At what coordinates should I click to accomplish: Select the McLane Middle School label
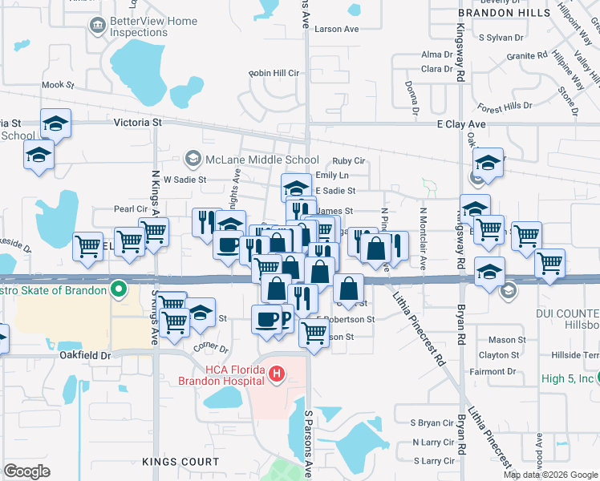click(x=261, y=160)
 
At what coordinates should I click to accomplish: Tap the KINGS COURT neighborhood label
click(x=180, y=462)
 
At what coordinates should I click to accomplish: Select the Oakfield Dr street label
click(x=84, y=355)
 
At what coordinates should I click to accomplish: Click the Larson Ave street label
click(x=337, y=29)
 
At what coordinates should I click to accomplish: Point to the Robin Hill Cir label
click(x=274, y=73)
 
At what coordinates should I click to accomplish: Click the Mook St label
click(x=58, y=84)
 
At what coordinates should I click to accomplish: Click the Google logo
click(x=26, y=471)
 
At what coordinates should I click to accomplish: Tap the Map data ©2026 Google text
click(x=550, y=475)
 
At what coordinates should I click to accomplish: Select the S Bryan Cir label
click(x=432, y=422)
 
